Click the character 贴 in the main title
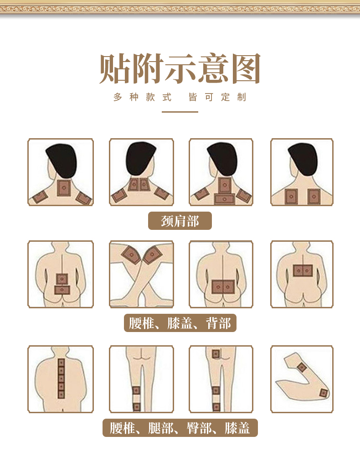click(115, 69)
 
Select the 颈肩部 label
click(180, 221)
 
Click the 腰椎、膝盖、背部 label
click(180, 323)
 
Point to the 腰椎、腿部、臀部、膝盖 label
click(180, 428)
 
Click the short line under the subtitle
click(180, 112)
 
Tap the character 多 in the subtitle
click(118, 97)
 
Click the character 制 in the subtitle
click(242, 97)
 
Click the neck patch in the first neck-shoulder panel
click(64, 188)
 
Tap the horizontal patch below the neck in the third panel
click(224, 198)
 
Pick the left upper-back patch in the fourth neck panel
click(291, 196)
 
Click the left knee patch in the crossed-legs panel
click(131, 255)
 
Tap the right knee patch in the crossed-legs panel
click(153, 254)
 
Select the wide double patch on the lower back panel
click(223, 287)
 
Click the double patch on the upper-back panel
click(303, 270)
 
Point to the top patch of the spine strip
click(61, 362)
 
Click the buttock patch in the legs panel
click(216, 354)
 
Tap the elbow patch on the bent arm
click(324, 393)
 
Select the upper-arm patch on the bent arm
click(302, 367)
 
